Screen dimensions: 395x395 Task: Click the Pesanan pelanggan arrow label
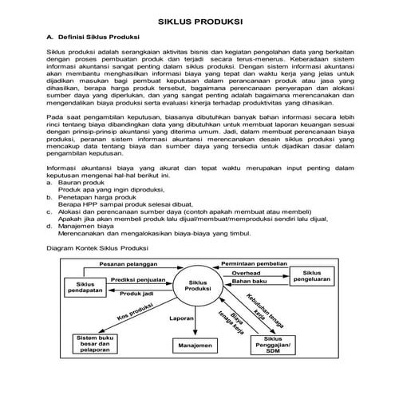tap(128, 263)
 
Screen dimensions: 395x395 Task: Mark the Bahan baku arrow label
tap(249, 282)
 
